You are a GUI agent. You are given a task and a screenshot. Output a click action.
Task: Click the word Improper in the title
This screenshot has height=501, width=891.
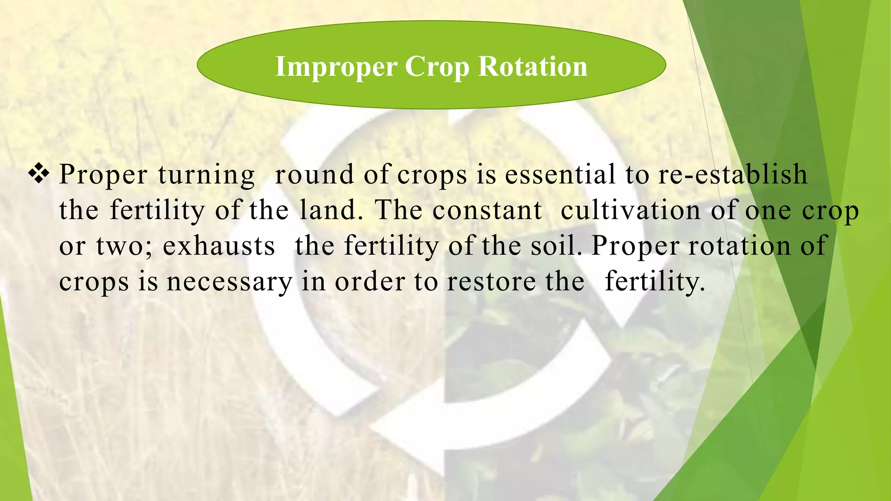tap(336, 67)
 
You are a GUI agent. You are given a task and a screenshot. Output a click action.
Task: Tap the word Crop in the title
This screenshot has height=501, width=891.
tap(437, 67)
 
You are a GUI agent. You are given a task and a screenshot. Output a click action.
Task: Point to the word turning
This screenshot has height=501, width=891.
tap(206, 175)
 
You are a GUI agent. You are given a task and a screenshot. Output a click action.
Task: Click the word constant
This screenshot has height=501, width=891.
tap(487, 210)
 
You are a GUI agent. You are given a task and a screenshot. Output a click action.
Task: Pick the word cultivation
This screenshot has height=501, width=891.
tap(630, 210)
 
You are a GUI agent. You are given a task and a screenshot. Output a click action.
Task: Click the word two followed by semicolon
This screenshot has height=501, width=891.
tap(124, 246)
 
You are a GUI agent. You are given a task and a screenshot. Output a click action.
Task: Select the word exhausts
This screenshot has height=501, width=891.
tap(219, 246)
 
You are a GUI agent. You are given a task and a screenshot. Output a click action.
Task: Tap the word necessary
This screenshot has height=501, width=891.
tap(229, 282)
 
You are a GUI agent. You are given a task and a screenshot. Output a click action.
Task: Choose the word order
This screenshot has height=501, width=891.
tap(370, 281)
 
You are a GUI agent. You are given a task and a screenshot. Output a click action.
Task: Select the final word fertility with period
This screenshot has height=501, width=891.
tap(654, 282)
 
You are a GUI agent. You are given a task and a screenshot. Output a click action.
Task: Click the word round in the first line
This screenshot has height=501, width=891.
tap(315, 174)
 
